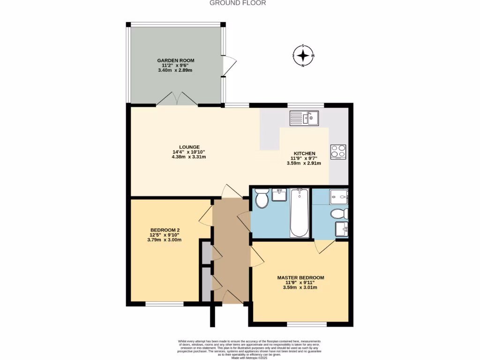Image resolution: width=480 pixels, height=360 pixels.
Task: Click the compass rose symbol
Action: (x=303, y=56)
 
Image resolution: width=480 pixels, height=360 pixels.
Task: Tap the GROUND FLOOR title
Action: (x=238, y=3)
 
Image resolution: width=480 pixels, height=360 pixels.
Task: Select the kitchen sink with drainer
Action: (x=304, y=118)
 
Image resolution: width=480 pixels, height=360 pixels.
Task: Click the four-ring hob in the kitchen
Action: (x=338, y=152)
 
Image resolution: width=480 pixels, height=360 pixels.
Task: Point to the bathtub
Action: (x=300, y=213)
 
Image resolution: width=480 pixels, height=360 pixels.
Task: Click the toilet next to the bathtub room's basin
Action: (x=262, y=198)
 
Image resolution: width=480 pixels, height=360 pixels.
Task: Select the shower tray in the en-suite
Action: (x=338, y=197)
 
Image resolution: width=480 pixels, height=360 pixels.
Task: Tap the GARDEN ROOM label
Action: (x=176, y=60)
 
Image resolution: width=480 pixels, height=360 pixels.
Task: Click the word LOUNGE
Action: (x=189, y=147)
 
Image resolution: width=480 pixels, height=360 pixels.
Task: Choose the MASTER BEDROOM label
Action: (x=300, y=278)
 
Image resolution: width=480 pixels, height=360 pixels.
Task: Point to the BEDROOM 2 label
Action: (x=165, y=230)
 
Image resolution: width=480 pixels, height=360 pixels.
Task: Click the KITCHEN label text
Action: (x=305, y=154)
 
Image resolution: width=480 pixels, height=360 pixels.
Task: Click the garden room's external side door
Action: (x=229, y=66)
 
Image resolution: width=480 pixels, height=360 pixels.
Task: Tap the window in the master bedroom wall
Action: (x=307, y=324)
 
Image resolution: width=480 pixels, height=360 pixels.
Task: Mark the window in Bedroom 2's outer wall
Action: (x=165, y=304)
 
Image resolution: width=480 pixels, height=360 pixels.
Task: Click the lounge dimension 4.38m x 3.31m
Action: (x=189, y=157)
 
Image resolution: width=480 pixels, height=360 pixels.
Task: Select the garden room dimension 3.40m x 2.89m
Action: (x=175, y=70)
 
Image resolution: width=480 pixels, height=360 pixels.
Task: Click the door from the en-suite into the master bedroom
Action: (x=325, y=247)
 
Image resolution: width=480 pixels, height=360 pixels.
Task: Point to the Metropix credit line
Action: (x=249, y=358)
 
